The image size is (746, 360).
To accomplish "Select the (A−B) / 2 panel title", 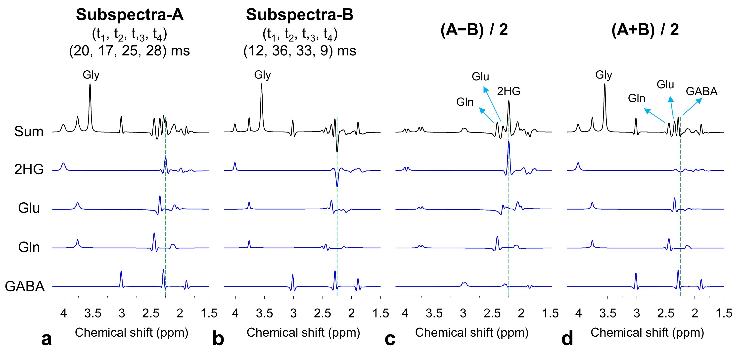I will pyautogui.click(x=474, y=30).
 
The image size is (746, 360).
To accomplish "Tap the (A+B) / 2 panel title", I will pyautogui.click(x=645, y=30).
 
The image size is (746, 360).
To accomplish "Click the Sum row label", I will pyautogui.click(x=29, y=132).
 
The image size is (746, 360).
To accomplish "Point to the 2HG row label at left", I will pyautogui.click(x=29, y=169).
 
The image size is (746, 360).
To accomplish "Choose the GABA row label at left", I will pyautogui.click(x=25, y=286).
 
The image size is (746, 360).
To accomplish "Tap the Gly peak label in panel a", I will pyautogui.click(x=91, y=75).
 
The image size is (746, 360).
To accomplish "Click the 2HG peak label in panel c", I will pyautogui.click(x=509, y=91).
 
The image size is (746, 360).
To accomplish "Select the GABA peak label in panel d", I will pyautogui.click(x=701, y=91).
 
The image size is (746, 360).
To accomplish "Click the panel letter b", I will pyautogui.click(x=218, y=339).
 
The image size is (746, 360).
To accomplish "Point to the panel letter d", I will pyautogui.click(x=567, y=339).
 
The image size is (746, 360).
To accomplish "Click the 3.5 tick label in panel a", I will pyautogui.click(x=93, y=313).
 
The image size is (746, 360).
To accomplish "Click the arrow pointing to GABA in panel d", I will pyautogui.click(x=692, y=107).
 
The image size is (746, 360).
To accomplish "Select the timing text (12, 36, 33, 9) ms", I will pyautogui.click(x=299, y=51).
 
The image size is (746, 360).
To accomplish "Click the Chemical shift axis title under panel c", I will pyautogui.click(x=471, y=332).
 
